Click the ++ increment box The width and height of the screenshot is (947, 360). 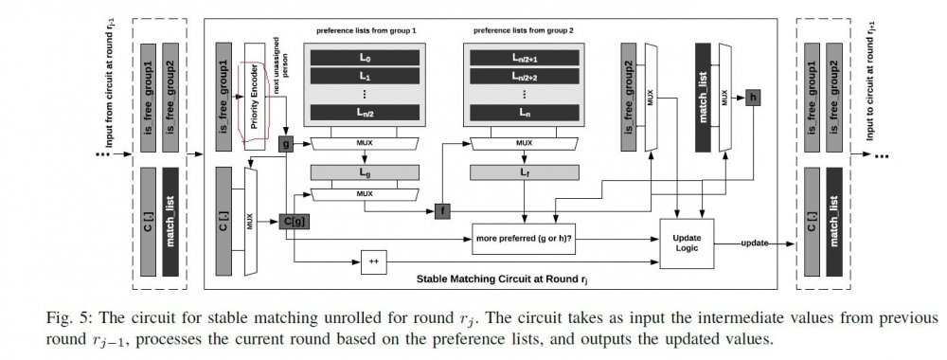coord(375,259)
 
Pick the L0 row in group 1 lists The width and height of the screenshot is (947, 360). coord(365,59)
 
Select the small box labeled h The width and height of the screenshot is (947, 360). coord(753,97)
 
